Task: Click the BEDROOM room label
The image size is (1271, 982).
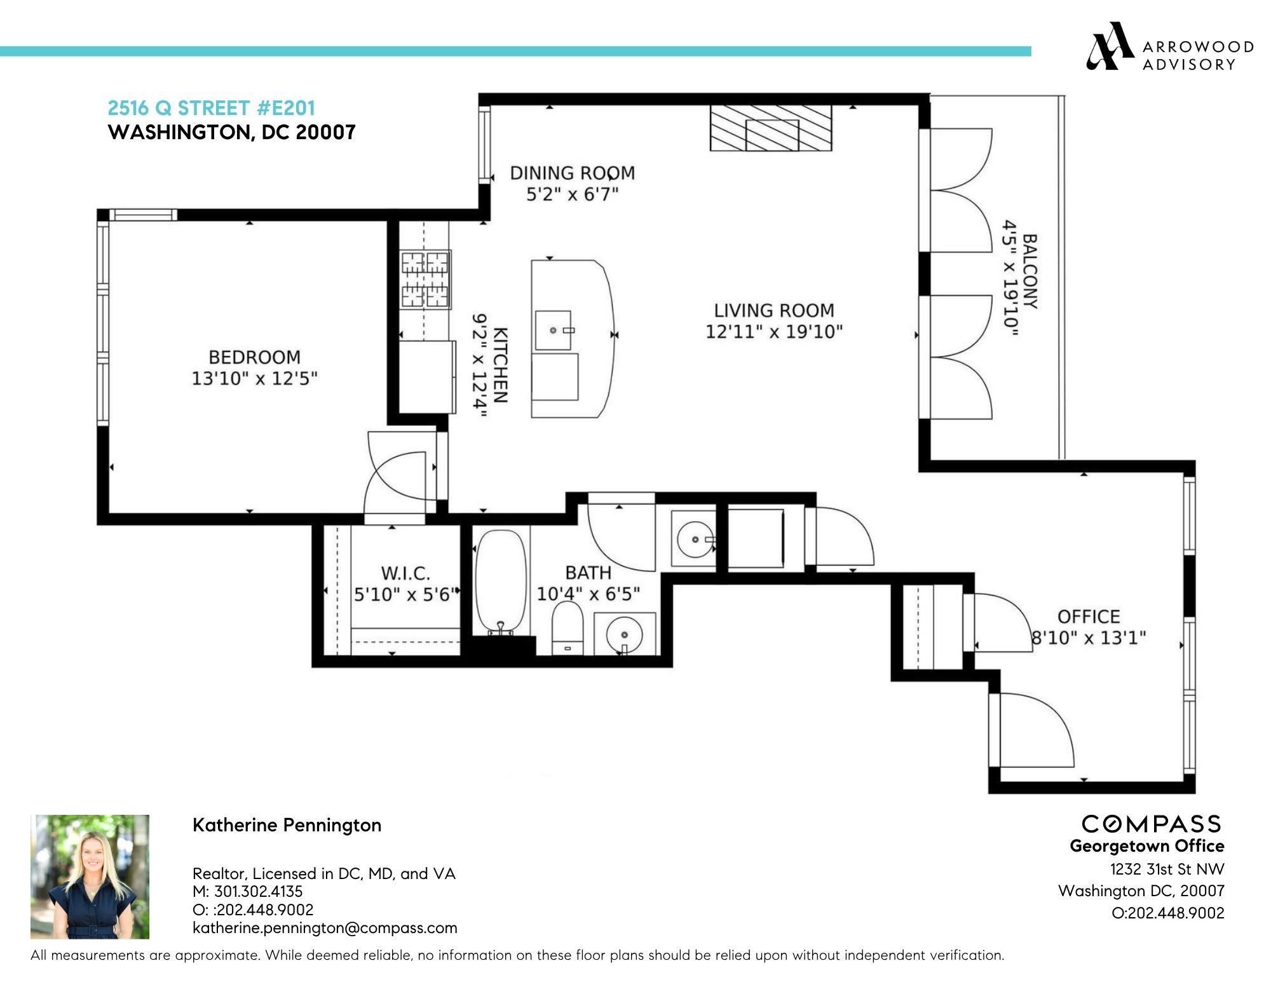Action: coord(254,357)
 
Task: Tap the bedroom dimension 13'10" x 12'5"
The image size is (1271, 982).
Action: coord(254,379)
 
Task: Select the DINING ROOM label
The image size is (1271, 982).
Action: coord(572,173)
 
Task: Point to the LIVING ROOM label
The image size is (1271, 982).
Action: coord(773,311)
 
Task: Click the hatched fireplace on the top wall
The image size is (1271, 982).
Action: coord(770,128)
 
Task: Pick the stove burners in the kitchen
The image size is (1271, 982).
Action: coord(425,280)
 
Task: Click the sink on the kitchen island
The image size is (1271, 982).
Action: coord(554,331)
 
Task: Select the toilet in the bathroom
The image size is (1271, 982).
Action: coord(568,626)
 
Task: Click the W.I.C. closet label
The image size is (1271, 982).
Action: coord(405,573)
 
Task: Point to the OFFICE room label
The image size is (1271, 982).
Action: coord(1088,617)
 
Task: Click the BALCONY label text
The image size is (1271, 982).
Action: coord(1030,271)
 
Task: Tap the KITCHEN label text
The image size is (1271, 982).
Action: coord(500,365)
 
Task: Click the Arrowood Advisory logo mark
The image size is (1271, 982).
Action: coord(1109,46)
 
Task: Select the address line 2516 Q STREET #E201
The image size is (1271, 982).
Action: coord(211,108)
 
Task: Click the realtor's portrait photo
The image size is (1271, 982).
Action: coord(90,876)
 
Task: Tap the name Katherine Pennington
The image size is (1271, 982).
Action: coord(287,825)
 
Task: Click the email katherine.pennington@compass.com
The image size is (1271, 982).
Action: coord(325,927)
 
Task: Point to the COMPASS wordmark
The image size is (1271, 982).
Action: coord(1151,824)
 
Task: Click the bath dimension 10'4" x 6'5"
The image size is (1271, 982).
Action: coord(588,594)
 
